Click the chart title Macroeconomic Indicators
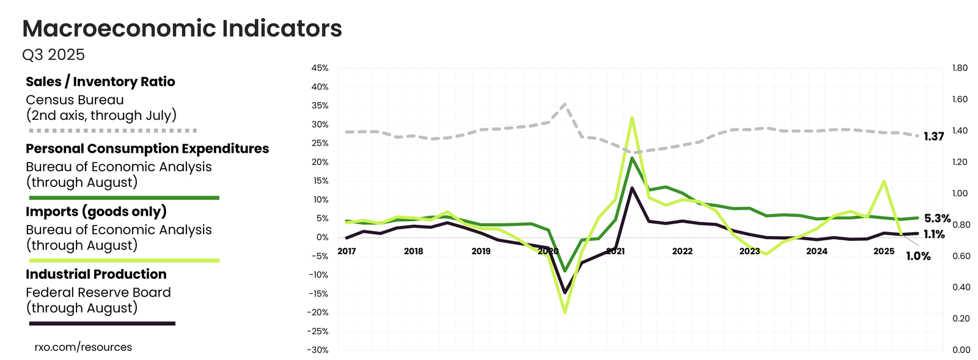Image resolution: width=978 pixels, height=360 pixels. (182, 29)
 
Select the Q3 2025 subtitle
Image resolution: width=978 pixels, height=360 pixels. (53, 55)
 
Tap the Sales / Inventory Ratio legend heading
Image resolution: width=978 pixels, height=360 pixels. (100, 82)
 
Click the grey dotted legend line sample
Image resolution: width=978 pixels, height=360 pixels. (113, 131)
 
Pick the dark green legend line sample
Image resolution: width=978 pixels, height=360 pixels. (124, 198)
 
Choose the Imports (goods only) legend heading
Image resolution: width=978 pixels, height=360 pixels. (96, 211)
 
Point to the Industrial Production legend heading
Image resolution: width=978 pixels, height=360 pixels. (96, 274)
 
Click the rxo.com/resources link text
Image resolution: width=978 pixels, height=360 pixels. (83, 347)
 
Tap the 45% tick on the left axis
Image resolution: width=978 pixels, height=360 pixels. (320, 68)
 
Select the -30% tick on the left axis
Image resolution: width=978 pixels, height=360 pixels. (318, 350)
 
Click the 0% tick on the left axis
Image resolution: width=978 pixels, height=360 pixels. (322, 237)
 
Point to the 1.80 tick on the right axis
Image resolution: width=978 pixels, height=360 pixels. (960, 68)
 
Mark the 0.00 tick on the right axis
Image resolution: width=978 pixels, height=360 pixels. (961, 350)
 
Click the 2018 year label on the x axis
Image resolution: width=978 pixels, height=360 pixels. (414, 251)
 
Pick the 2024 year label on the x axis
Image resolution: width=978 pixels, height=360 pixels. (817, 251)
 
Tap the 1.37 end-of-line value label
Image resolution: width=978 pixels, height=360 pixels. (934, 136)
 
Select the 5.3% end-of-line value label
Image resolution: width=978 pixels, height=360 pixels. (937, 218)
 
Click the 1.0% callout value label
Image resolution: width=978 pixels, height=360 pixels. (918, 256)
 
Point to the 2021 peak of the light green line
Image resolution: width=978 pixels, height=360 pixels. (631, 118)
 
